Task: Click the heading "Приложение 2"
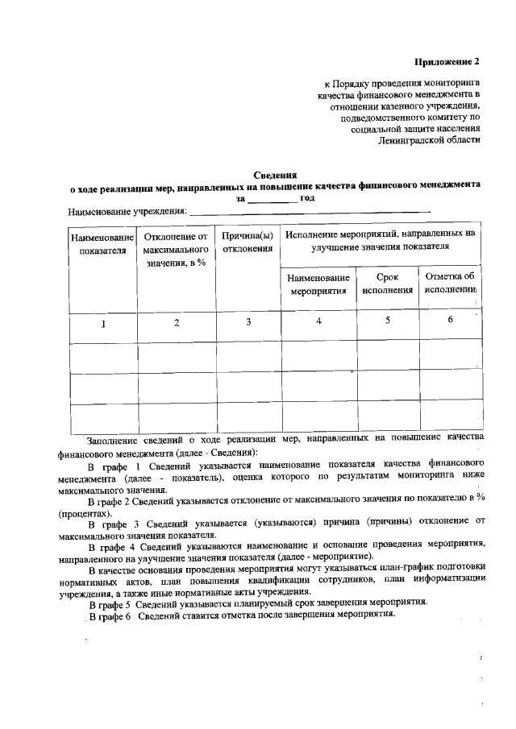click(447, 61)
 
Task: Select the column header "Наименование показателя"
click(102, 244)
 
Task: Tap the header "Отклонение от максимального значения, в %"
click(176, 250)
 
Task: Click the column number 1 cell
click(102, 324)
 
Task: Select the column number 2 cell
click(176, 323)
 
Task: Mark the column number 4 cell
click(318, 321)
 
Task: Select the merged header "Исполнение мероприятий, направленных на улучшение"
click(380, 240)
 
